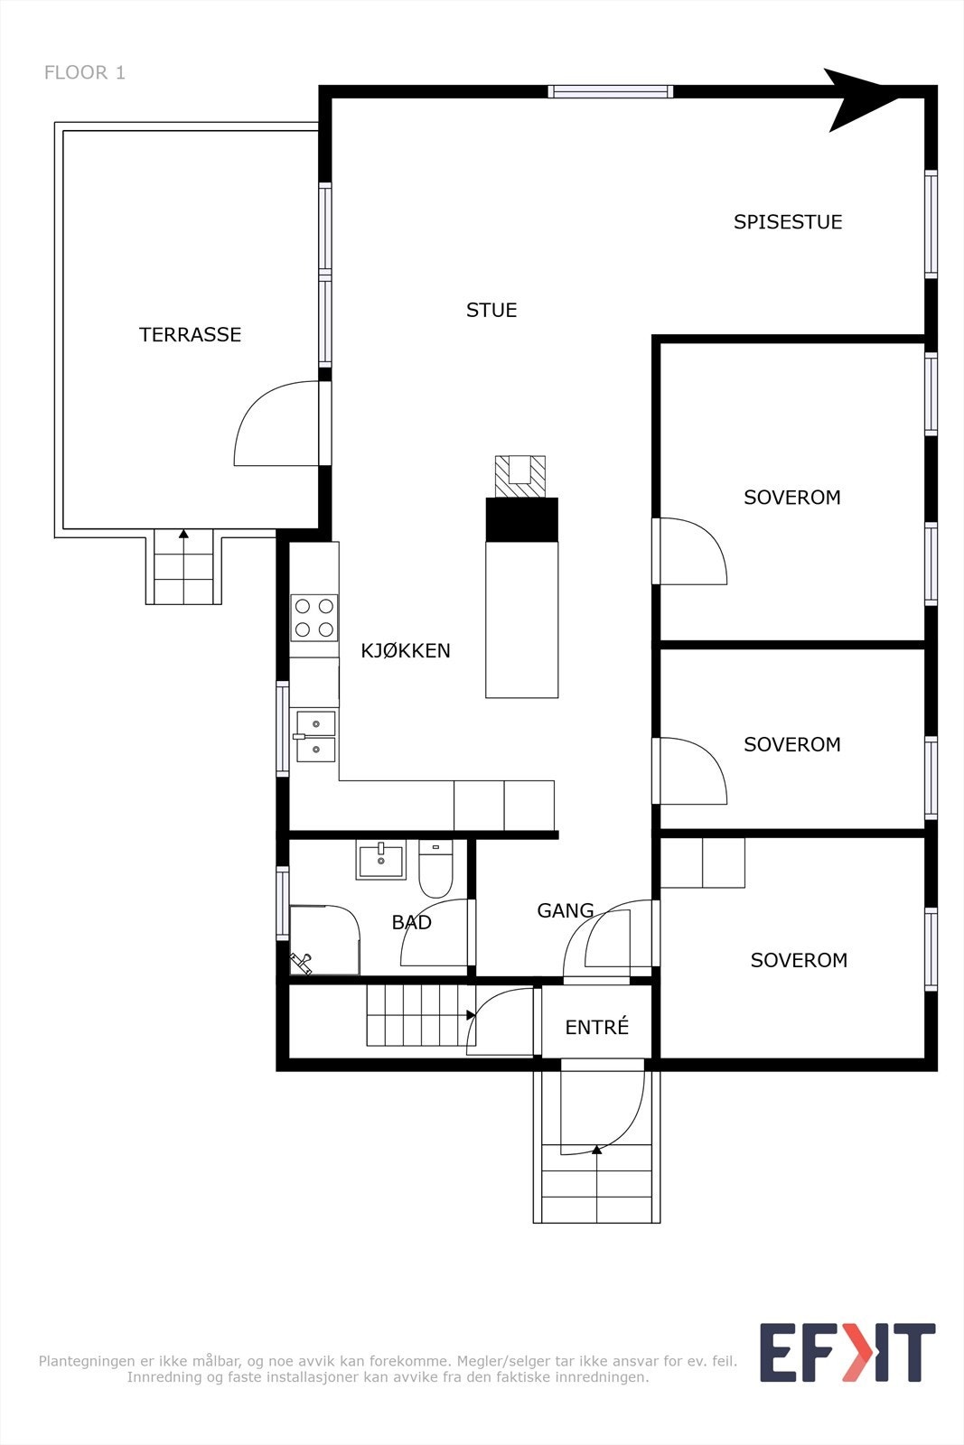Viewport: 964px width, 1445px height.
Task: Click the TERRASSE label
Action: [x=190, y=335]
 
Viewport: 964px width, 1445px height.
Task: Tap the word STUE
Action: [x=491, y=311]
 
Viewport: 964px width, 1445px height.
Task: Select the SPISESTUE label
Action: [x=787, y=222]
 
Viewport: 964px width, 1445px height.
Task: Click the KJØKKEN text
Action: [x=405, y=651]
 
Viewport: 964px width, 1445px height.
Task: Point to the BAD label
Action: [x=411, y=923]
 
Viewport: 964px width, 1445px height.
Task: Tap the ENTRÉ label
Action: [x=596, y=1028]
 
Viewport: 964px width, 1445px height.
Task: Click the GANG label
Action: [x=565, y=911]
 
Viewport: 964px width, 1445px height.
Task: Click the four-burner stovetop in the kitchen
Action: [x=314, y=618]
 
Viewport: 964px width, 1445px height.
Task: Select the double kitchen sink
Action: [x=315, y=736]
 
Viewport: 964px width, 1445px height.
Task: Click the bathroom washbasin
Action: [x=381, y=860]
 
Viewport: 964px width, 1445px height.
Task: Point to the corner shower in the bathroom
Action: [x=323, y=940]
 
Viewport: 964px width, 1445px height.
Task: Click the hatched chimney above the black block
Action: [x=520, y=476]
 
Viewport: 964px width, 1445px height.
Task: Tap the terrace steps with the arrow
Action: [x=183, y=566]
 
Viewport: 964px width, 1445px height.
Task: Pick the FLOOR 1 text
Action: [x=85, y=73]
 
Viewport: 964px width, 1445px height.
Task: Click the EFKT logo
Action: [x=847, y=1352]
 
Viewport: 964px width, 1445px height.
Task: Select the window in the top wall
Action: [x=611, y=91]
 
